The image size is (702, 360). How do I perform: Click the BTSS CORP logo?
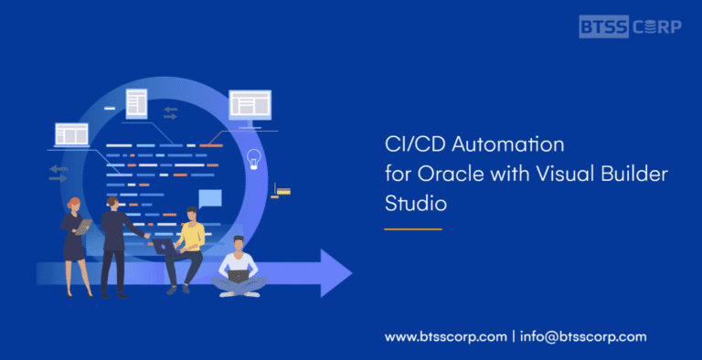pos(630,26)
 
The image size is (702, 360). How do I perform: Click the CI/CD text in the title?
pos(409,144)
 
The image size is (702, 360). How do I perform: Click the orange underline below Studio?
pos(412,228)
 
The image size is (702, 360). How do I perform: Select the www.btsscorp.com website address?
pos(445,336)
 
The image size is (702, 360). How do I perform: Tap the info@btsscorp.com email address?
pos(583,336)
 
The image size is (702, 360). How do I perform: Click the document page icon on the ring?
pos(136,101)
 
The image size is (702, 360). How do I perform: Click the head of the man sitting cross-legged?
pos(238,244)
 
